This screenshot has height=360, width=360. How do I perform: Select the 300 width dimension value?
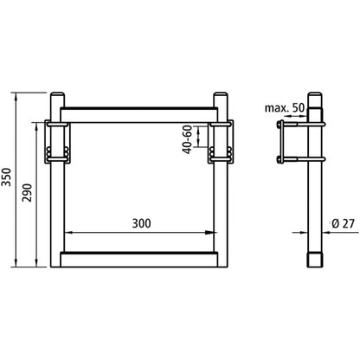point(142,222)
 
